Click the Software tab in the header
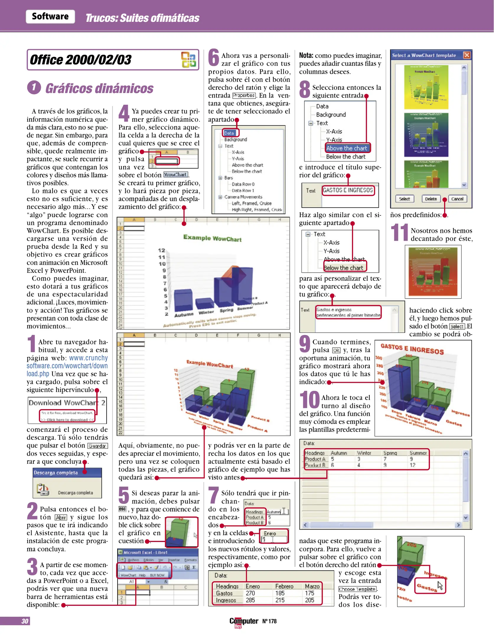point(50,16)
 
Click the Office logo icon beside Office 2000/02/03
point(188,60)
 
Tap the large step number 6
point(213,58)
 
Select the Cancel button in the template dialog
point(457,199)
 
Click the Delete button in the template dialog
point(431,199)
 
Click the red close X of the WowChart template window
point(467,55)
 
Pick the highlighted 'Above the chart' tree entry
point(346,148)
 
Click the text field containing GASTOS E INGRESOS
point(348,190)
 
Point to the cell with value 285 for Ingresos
point(250,600)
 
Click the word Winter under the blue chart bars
point(206,312)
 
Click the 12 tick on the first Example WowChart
point(162,250)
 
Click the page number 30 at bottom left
point(25,621)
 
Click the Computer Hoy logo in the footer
point(244,621)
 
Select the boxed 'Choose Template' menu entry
point(357,589)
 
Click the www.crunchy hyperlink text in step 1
point(88,358)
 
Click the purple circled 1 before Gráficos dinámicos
point(34,87)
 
